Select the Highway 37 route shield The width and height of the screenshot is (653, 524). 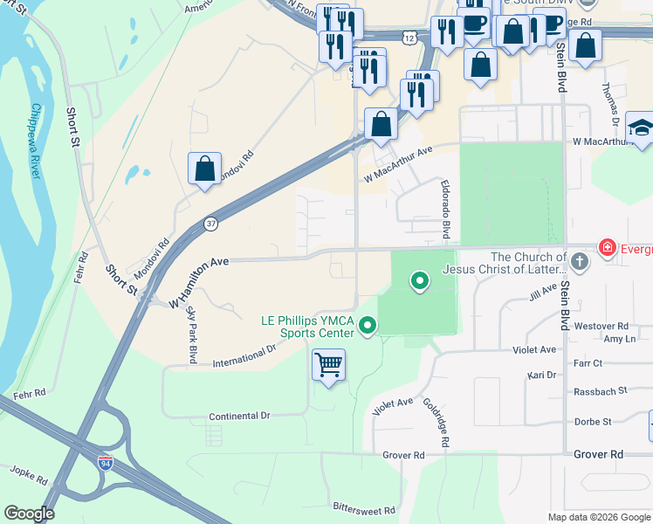point(210,224)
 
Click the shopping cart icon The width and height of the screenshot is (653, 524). point(328,364)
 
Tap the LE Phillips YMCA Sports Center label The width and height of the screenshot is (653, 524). point(307,327)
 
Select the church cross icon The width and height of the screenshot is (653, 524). point(579,261)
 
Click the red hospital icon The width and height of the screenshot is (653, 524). point(606,249)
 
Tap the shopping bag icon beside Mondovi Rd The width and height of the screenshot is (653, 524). point(204,168)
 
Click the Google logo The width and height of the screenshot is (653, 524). point(29,513)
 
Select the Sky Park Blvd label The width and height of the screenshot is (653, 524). point(190,336)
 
